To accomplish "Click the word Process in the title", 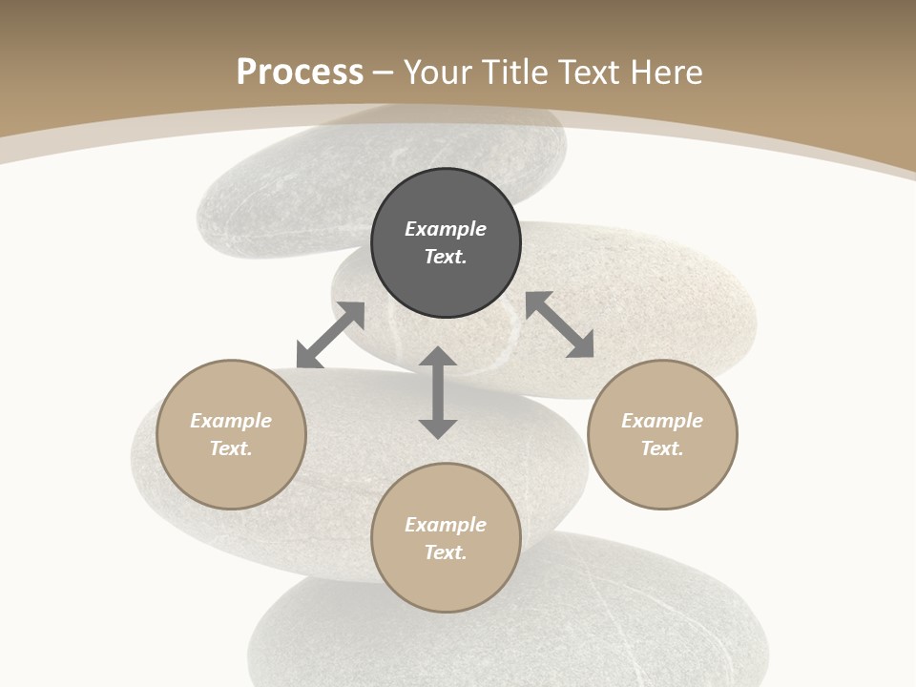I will click(300, 73).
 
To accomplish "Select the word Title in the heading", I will click(520, 73).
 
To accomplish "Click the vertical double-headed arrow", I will click(438, 393).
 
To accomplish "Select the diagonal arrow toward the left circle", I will click(330, 335).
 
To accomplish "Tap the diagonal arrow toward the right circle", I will click(559, 324).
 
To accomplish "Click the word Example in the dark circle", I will click(446, 229).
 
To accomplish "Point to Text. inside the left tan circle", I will click(231, 448).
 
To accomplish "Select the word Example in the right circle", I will click(662, 421).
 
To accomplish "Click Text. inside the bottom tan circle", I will click(446, 552).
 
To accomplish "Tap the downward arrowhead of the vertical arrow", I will click(438, 427).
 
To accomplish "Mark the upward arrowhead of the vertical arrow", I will click(438, 358).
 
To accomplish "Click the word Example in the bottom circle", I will click(446, 525).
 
